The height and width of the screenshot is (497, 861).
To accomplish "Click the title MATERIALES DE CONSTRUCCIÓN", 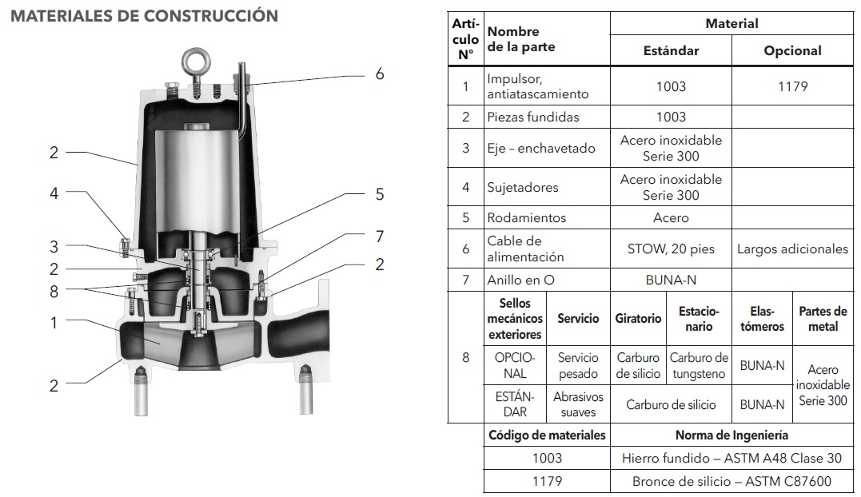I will point(145,16).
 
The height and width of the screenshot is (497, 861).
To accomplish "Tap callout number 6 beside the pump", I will point(380,74).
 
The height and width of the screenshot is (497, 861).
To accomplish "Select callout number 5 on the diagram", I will point(380,194).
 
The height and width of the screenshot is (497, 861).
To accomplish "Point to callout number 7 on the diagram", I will point(380,237).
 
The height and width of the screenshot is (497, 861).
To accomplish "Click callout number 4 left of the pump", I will point(54,193).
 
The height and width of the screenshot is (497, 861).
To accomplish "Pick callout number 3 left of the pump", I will point(54,247).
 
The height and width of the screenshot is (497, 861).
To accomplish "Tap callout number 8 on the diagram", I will point(54,292).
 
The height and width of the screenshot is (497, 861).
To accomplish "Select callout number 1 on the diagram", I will point(54,323).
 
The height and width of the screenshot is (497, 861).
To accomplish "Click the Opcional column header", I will point(792,50).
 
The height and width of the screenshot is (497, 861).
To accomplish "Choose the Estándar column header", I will point(671,50).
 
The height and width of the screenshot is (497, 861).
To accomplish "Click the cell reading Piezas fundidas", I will point(532,117).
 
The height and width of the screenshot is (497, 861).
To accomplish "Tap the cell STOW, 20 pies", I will point(671,248).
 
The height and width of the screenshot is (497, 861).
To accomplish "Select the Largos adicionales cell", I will point(792,248).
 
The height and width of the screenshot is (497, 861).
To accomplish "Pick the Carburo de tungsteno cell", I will point(699,365).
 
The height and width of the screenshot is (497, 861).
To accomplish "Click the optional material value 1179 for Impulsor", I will point(792,86).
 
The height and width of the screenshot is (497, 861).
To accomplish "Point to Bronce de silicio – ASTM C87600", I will point(731,481).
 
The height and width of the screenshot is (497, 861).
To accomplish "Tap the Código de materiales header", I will point(547,435).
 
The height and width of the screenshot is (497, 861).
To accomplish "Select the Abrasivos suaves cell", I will point(578,404).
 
